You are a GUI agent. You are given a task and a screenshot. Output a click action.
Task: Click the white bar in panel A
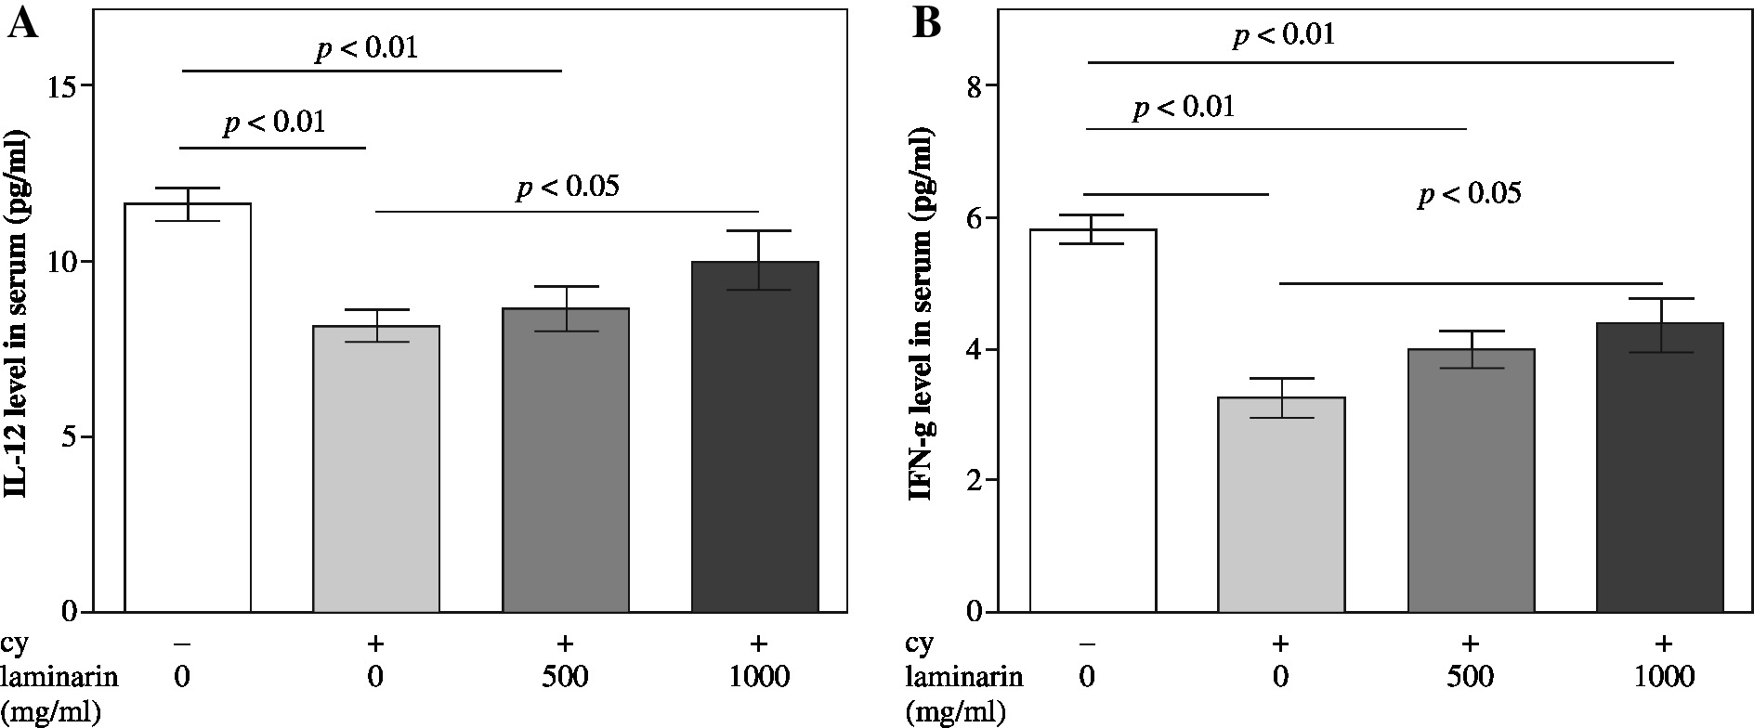(x=188, y=409)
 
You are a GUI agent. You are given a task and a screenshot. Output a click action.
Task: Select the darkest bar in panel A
(x=754, y=436)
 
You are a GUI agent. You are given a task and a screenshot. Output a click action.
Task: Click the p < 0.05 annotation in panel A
(x=567, y=188)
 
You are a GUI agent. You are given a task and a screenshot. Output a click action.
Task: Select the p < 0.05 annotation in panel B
(x=1469, y=195)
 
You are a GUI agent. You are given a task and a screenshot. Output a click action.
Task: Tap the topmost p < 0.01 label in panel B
(x=1283, y=35)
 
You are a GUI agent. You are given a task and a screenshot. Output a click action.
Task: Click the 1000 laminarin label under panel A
(x=758, y=676)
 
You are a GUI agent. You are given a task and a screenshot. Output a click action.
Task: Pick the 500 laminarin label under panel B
(x=1469, y=676)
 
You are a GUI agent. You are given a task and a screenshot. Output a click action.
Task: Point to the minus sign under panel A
(x=183, y=643)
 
